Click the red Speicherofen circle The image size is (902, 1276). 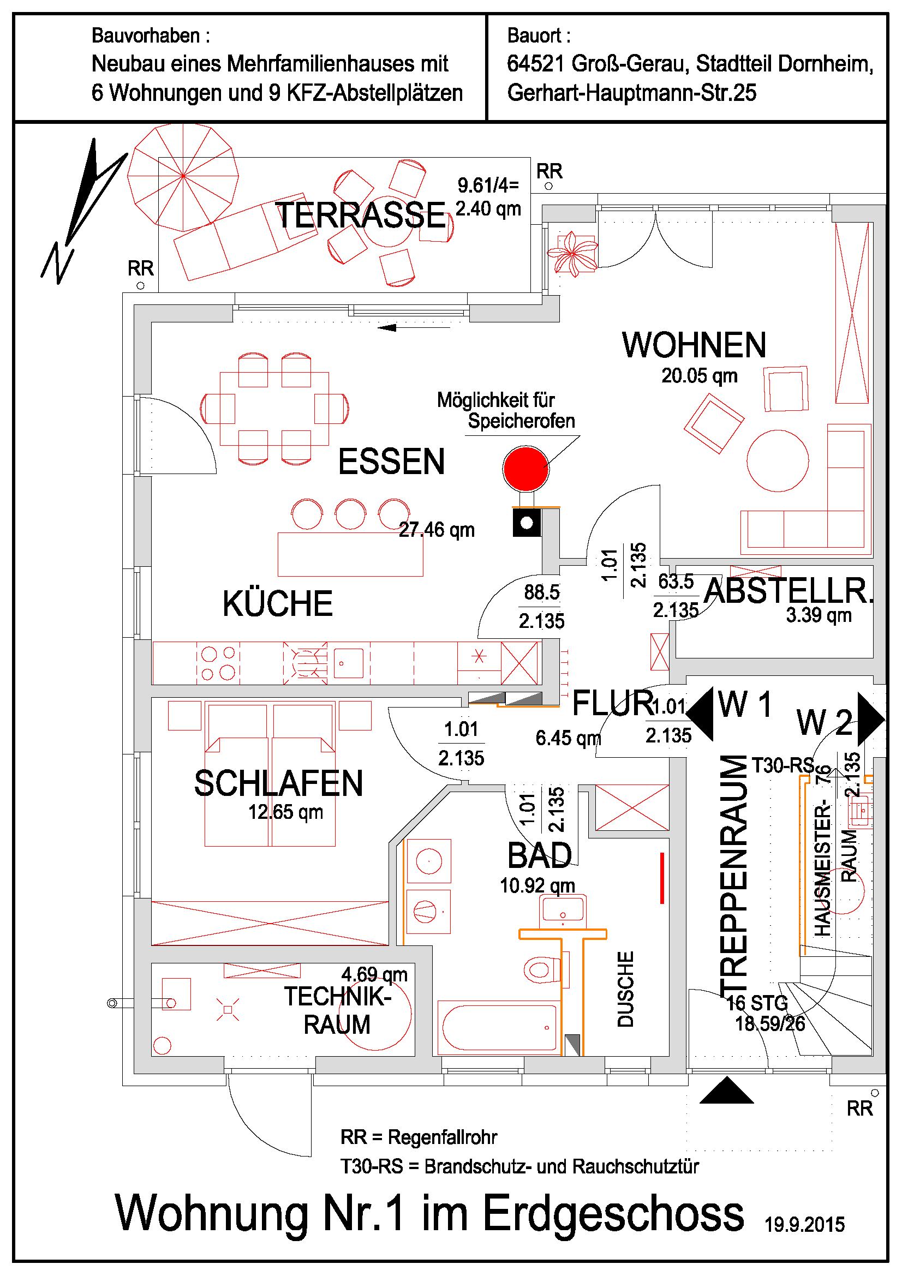[525, 469]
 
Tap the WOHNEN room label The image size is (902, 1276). [694, 345]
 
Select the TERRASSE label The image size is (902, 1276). [360, 215]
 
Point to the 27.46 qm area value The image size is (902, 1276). [437, 530]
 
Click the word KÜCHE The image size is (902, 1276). [277, 604]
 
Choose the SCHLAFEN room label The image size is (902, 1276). [278, 783]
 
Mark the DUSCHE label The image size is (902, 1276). [626, 989]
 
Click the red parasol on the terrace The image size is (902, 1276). [183, 176]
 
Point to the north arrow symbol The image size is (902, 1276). [83, 211]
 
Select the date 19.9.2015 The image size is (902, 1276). [804, 1225]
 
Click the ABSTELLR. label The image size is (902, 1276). [788, 591]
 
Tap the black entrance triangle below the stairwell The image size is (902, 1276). [726, 1091]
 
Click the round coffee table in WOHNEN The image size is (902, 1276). [777, 461]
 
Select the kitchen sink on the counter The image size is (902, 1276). [349, 663]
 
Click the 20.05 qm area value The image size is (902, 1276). [699, 376]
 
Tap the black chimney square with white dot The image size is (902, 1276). [527, 523]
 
